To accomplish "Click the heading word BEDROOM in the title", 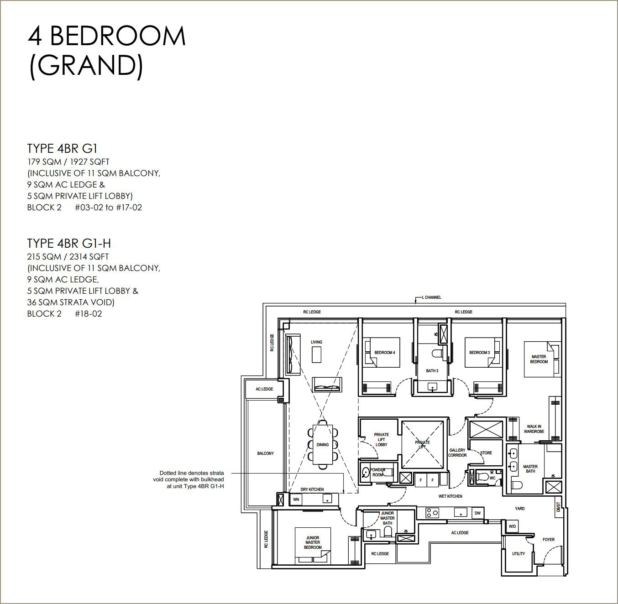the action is [x=117, y=36].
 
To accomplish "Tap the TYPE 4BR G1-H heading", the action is [x=69, y=244].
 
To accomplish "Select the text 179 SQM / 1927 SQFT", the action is [x=68, y=162].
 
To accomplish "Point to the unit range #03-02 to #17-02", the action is [x=108, y=208].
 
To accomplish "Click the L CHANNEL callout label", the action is [x=431, y=297].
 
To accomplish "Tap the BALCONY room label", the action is [x=266, y=453].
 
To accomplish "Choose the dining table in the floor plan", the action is [x=323, y=444].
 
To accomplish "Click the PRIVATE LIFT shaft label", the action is [x=422, y=444].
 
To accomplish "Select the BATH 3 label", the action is [x=432, y=371].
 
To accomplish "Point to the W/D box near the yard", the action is [x=512, y=526].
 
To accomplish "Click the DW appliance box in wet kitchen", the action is [x=477, y=513].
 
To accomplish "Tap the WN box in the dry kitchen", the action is [x=296, y=499].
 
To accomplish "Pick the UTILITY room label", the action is [x=518, y=553].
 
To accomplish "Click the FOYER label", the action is [x=549, y=539].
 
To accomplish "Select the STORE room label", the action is [x=486, y=453].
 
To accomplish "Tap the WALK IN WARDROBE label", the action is [x=534, y=429].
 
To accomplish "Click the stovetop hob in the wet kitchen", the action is [x=432, y=513].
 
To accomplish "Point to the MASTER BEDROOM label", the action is [x=539, y=359].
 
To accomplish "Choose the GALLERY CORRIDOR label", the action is [x=457, y=453].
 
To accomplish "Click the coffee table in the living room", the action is [x=316, y=354].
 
